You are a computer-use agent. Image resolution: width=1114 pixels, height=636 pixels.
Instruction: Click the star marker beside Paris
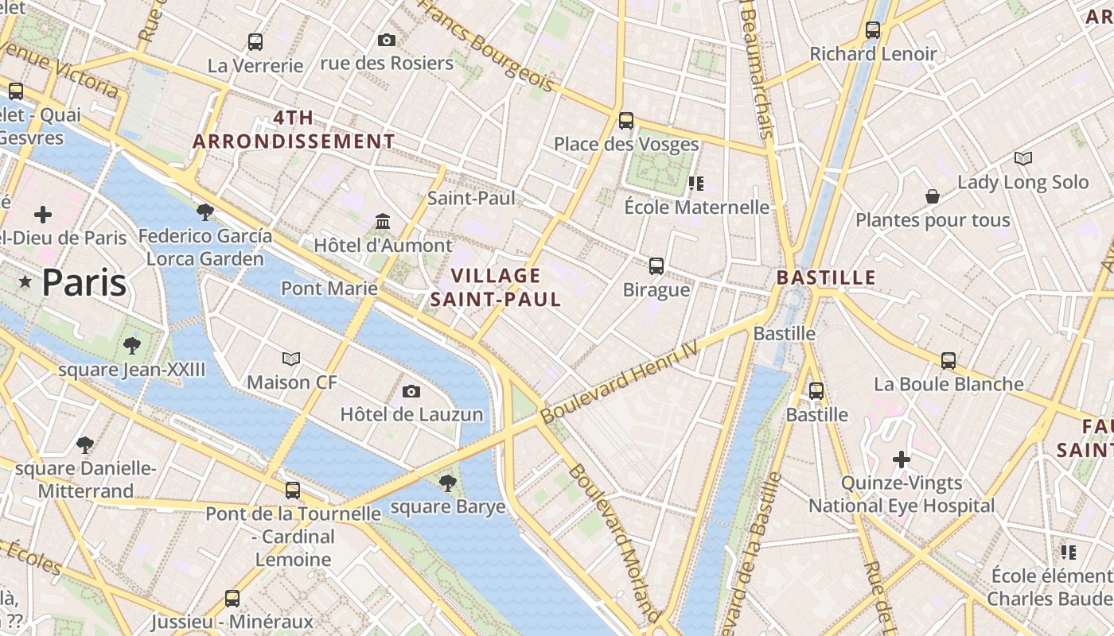(25, 282)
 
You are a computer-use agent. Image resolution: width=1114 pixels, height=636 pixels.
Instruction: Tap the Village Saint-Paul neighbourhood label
(496, 287)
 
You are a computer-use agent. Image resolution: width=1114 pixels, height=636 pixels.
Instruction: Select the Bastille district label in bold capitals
(826, 278)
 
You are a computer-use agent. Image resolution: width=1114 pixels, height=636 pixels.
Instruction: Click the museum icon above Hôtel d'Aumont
(383, 220)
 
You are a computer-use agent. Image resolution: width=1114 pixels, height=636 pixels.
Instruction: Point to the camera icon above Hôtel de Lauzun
(411, 390)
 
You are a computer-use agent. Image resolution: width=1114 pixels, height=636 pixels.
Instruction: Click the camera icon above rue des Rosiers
(387, 40)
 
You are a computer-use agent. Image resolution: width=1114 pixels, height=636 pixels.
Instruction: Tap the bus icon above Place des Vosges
(626, 121)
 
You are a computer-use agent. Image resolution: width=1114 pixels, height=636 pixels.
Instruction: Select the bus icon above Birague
(656, 266)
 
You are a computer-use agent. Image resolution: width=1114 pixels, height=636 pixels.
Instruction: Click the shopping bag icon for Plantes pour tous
(933, 196)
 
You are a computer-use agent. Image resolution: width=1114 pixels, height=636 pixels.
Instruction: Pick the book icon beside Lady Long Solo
(1023, 159)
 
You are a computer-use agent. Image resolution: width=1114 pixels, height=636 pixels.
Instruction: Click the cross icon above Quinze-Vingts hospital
(902, 460)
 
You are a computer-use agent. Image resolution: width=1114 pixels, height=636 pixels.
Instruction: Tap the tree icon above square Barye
(448, 483)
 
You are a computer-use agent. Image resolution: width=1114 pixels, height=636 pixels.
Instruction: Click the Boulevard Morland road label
(613, 542)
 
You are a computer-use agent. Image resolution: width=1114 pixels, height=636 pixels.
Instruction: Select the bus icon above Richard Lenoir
(873, 30)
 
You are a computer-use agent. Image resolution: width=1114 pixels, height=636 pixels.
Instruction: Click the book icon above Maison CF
(292, 359)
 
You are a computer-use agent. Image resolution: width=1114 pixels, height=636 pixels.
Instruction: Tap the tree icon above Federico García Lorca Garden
(205, 211)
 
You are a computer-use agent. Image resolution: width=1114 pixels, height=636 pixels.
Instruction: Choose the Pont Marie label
(329, 288)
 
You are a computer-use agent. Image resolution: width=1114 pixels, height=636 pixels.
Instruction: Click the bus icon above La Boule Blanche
(948, 360)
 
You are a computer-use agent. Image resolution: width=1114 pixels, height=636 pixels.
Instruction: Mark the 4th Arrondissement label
(294, 130)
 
